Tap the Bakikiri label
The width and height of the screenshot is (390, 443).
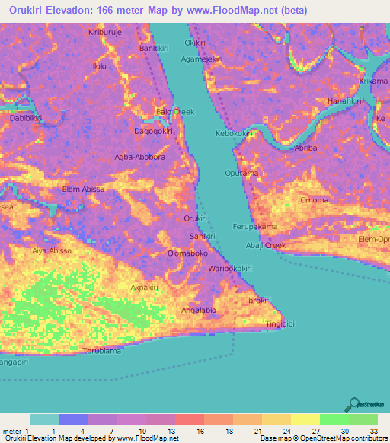152,49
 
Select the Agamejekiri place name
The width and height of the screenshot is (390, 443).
201,59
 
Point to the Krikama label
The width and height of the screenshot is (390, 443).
373,81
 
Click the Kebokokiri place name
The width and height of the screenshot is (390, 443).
234,133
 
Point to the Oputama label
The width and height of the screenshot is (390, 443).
262,173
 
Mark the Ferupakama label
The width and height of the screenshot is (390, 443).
254,227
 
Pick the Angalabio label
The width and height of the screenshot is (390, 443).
199,310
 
